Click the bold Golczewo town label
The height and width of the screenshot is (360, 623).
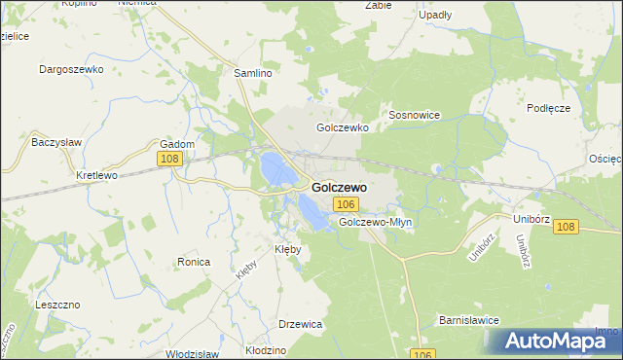tap(339, 186)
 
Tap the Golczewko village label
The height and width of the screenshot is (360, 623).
tap(340, 127)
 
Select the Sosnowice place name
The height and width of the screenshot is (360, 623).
tap(415, 115)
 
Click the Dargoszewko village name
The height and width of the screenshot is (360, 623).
tap(71, 70)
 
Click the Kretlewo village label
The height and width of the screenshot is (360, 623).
tap(96, 176)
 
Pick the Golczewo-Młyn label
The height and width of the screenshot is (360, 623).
tap(376, 222)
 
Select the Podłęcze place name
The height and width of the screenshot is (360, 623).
tap(547, 108)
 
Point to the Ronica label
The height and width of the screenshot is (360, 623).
tap(194, 262)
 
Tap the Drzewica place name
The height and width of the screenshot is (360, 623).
tap(300, 324)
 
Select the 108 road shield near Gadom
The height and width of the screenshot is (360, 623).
tap(169, 158)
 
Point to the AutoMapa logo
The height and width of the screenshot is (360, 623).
tap(551, 341)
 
